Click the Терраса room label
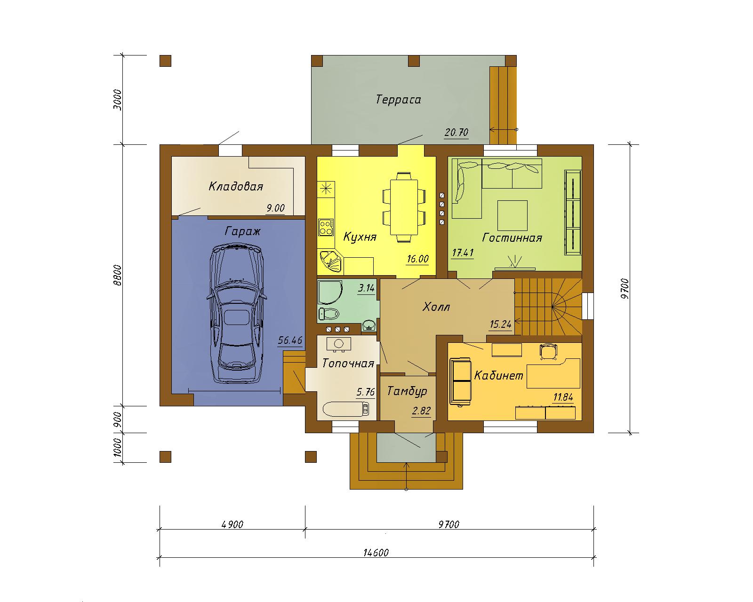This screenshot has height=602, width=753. pyautogui.click(x=398, y=100)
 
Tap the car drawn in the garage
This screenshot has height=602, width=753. pyautogui.click(x=237, y=314)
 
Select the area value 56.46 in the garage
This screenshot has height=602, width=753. pyautogui.click(x=290, y=340)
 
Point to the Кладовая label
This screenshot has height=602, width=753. pyautogui.click(x=236, y=186)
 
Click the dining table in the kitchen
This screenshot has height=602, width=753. pyautogui.click(x=404, y=207)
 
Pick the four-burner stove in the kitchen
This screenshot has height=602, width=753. pyautogui.click(x=326, y=227)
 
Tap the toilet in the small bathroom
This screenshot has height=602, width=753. pyautogui.click(x=329, y=314)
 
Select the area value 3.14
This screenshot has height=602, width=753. pyautogui.click(x=366, y=288)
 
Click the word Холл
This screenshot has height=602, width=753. pyautogui.click(x=436, y=307)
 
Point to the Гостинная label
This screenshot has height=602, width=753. pyautogui.click(x=512, y=238)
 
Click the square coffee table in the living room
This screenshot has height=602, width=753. pyautogui.click(x=513, y=215)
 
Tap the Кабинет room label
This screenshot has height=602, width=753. pyautogui.click(x=498, y=376)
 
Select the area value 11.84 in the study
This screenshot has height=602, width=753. pyautogui.click(x=563, y=397)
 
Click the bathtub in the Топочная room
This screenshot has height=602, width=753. pyautogui.click(x=346, y=409)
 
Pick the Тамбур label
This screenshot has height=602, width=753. pyautogui.click(x=407, y=391)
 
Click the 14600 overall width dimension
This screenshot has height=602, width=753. pyautogui.click(x=376, y=552)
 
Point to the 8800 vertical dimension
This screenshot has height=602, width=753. pyautogui.click(x=118, y=275)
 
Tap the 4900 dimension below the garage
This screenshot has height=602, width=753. pyautogui.click(x=232, y=524)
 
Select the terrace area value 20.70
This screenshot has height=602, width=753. pyautogui.click(x=457, y=133)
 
